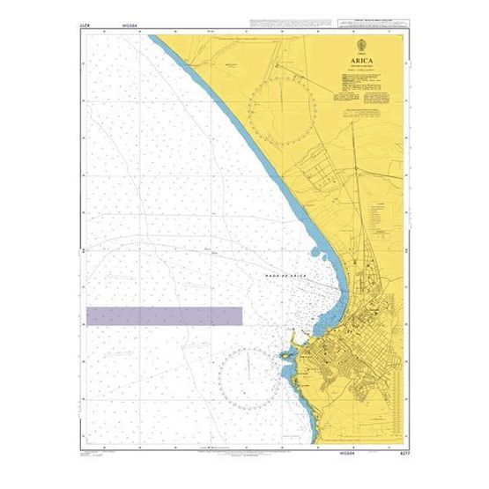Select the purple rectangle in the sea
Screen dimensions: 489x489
[x=164, y=316]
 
